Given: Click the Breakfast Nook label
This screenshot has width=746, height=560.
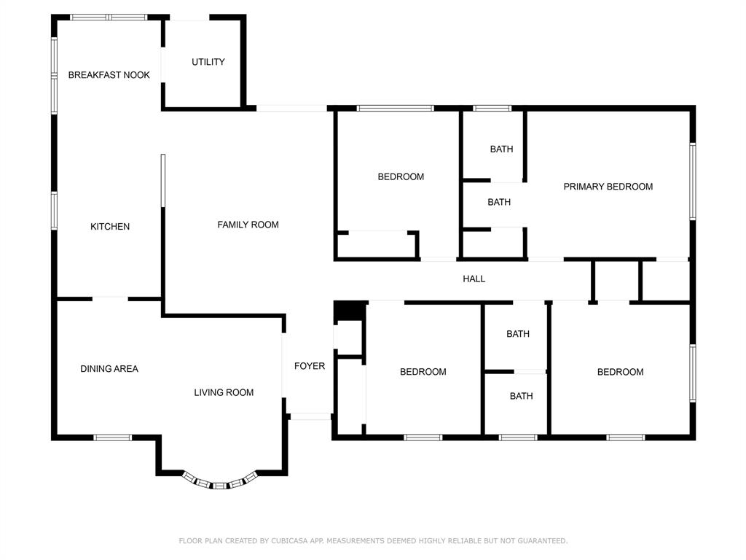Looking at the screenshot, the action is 109,75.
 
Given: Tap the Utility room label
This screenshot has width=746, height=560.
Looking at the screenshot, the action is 208,62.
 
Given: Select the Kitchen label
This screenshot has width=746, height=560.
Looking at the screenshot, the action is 110,227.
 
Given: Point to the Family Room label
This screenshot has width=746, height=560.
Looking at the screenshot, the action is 248,225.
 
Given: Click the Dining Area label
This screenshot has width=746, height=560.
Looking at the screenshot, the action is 109,368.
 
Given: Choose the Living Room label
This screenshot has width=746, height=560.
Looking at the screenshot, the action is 224,392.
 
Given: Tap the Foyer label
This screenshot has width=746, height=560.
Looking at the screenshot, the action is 310,366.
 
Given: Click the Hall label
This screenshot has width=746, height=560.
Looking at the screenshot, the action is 474,279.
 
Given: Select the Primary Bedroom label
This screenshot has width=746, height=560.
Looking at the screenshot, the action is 608,187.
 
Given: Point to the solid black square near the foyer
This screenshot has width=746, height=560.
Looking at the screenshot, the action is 350,311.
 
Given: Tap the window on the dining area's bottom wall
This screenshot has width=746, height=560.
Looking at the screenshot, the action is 112,437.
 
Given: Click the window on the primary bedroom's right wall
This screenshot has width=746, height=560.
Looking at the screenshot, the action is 693,182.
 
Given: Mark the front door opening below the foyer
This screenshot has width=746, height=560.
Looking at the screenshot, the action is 310,416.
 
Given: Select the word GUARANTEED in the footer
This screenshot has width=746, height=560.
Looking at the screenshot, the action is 542,540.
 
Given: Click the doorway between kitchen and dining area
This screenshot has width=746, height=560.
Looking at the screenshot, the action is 111,299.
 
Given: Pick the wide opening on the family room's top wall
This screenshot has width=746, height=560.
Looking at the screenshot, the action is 291,109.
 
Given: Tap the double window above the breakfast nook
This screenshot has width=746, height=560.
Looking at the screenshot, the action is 109,17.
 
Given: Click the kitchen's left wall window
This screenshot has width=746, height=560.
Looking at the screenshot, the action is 54,211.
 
